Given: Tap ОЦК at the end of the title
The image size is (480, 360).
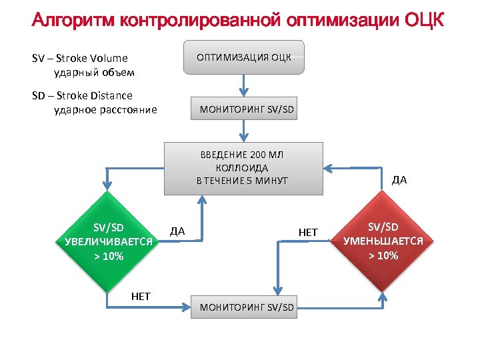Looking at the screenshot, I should (424, 20).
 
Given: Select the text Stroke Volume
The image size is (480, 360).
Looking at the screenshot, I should (95, 58).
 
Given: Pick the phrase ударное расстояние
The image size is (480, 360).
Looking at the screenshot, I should (105, 109).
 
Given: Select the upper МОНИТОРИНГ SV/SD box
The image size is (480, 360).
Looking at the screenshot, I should (247, 109).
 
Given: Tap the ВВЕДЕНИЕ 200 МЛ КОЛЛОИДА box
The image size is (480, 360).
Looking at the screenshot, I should (243, 168).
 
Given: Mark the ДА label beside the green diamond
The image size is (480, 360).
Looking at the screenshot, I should (177, 231).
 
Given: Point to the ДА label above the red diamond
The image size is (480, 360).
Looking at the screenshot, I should (399, 179).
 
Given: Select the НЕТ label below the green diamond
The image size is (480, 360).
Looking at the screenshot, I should (141, 296).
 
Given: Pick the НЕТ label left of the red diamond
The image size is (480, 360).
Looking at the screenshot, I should (308, 232).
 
